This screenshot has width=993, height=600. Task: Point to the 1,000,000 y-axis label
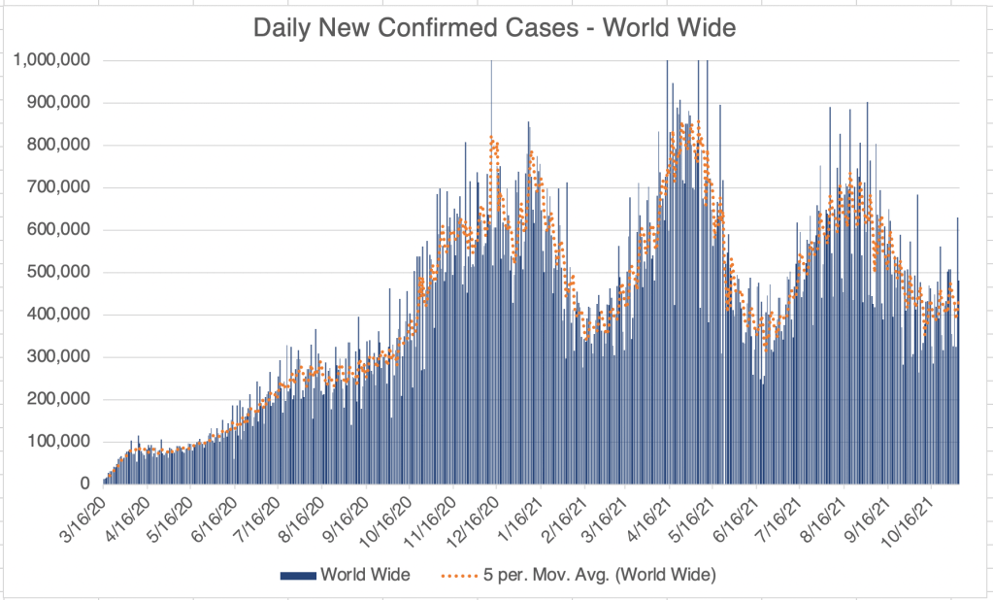point(52,60)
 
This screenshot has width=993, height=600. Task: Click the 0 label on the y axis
point(85,483)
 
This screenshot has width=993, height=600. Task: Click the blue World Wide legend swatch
point(298,576)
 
